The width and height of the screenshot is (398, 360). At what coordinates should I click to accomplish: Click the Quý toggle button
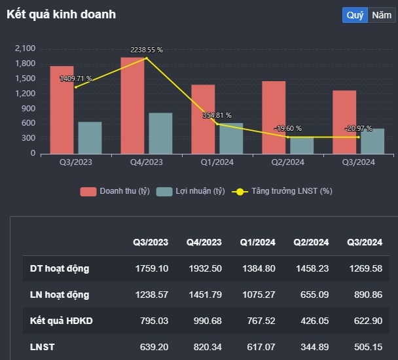pos(355,14)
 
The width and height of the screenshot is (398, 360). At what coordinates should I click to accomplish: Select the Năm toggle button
pos(378,14)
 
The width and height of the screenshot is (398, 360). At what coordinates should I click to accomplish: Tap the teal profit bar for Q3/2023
pos(90,137)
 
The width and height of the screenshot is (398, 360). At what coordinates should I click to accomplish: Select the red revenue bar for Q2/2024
pos(274,118)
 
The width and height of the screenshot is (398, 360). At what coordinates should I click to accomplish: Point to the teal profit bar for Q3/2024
pos(372,141)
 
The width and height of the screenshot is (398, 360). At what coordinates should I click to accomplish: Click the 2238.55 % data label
pos(147,50)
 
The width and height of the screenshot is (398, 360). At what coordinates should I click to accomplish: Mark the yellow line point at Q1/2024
pos(217,124)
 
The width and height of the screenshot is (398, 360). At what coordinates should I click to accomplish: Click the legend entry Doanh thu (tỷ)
pos(116,191)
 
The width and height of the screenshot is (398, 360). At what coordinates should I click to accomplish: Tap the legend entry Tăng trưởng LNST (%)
pos(282,191)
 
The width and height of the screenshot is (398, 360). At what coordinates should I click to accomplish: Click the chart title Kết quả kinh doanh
pos(61,14)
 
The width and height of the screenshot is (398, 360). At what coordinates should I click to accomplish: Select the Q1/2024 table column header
pos(258,242)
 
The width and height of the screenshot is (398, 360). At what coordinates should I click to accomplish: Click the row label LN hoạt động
pos(60,295)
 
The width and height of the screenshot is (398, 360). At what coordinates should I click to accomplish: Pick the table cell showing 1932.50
pos(204,268)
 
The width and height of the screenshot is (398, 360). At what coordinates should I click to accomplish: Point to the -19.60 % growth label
pos(287,129)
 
